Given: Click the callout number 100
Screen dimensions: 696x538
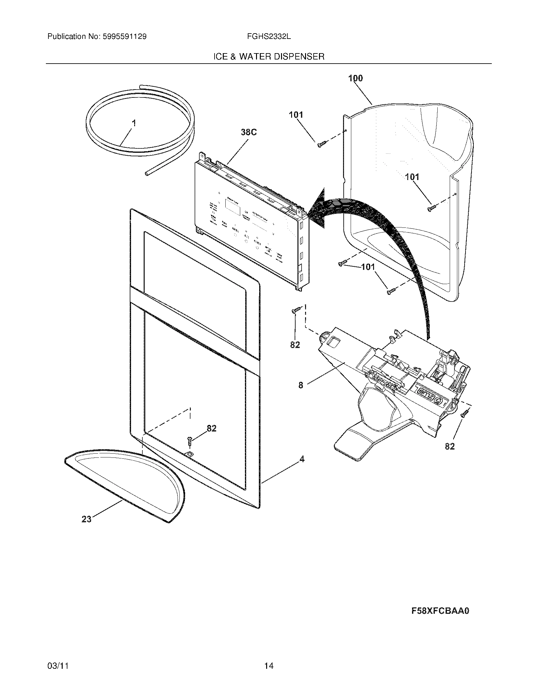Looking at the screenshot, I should (355, 78).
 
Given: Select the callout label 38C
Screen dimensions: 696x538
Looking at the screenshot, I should (249, 132).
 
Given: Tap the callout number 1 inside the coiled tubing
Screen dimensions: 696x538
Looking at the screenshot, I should (134, 123).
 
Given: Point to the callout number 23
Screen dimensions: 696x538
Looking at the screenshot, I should (86, 519).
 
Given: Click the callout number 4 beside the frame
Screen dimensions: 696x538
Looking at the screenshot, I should (302, 459).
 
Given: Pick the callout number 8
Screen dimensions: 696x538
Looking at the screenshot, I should (301, 385).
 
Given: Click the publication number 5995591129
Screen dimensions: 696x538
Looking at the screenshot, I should (124, 37).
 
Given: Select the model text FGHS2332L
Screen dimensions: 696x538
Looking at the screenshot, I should (268, 37).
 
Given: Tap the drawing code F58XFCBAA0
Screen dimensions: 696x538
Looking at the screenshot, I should (440, 611).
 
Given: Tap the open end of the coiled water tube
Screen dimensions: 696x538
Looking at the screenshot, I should (147, 174).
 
